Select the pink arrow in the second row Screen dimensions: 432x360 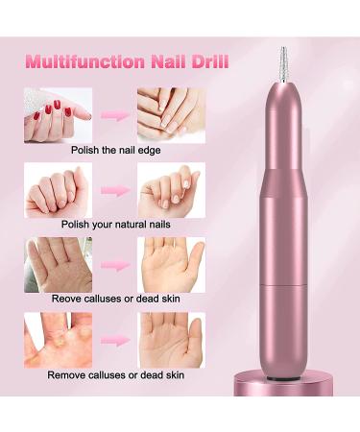pos(115,189)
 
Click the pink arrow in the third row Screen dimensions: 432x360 pos(115,263)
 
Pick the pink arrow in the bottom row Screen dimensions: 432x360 pos(115,338)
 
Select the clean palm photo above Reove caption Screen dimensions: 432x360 pos(170,263)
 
